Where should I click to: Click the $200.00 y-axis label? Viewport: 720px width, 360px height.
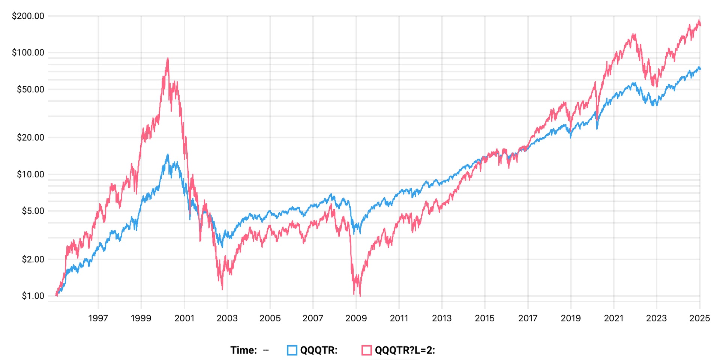(28, 16)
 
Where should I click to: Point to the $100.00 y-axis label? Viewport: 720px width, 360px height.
(28, 52)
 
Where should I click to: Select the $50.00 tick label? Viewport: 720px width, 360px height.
(30, 89)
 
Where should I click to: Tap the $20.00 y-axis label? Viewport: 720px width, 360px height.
(30, 138)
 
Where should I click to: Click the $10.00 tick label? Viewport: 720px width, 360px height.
(30, 174)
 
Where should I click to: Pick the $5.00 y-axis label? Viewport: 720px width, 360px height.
(33, 211)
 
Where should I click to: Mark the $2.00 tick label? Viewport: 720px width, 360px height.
(33, 259)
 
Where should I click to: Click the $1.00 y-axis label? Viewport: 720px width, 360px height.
(33, 296)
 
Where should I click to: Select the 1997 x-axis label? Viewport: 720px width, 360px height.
(98, 318)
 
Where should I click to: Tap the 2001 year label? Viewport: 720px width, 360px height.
(184, 318)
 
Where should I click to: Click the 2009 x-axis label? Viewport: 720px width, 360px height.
(356, 318)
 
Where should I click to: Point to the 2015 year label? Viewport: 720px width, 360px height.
(484, 318)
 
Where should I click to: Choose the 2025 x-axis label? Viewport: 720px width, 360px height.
(699, 318)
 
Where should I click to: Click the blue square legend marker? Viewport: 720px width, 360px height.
(292, 350)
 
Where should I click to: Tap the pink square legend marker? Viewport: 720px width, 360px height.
(366, 350)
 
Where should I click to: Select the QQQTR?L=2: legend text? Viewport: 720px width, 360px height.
(405, 350)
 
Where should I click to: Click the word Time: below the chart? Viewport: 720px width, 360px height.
(244, 350)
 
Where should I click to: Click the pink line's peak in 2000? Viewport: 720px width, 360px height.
(168, 58)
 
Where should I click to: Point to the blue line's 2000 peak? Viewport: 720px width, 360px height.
(168, 154)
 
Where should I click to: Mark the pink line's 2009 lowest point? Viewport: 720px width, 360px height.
(360, 296)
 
